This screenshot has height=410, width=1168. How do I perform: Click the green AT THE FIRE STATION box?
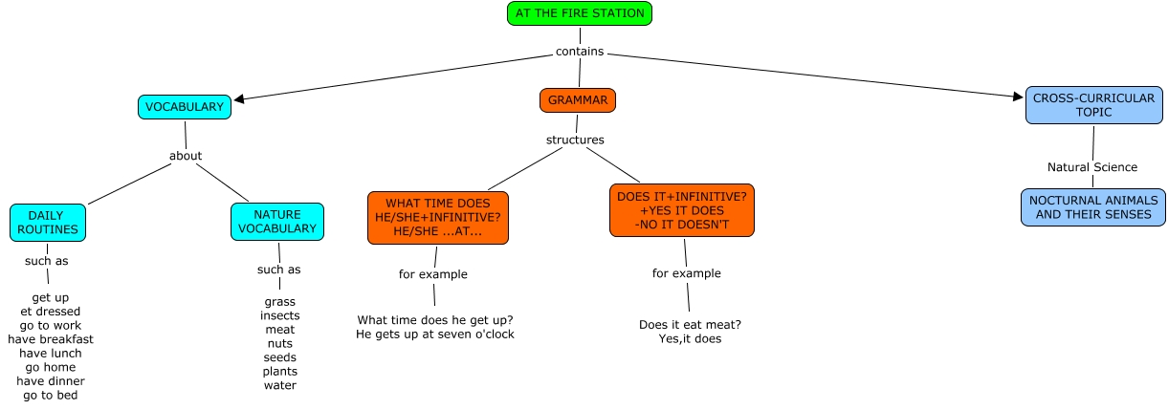pyautogui.click(x=580, y=13)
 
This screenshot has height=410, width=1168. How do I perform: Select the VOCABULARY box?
pyautogui.click(x=185, y=107)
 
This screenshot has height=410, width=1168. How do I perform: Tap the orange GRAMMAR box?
pyautogui.click(x=578, y=100)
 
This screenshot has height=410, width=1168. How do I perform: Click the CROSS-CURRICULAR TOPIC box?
pyautogui.click(x=1093, y=105)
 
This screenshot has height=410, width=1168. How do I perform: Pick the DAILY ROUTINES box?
pyautogui.click(x=46, y=223)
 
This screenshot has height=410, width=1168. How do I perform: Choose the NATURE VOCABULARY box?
pyautogui.click(x=277, y=222)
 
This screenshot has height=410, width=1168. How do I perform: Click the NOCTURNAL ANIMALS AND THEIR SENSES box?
pyautogui.click(x=1093, y=207)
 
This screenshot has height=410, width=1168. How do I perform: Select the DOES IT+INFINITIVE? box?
pyautogui.click(x=681, y=210)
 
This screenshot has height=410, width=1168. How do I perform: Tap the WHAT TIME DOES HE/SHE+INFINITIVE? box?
pyautogui.click(x=438, y=218)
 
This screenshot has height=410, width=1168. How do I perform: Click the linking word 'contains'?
pyautogui.click(x=580, y=52)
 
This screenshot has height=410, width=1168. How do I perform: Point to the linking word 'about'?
pyautogui.click(x=186, y=156)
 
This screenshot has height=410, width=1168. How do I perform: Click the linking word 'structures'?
pyautogui.click(x=575, y=140)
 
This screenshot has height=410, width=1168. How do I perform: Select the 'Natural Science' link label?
pyautogui.click(x=1092, y=167)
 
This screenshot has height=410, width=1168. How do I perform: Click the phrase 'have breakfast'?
pyautogui.click(x=51, y=339)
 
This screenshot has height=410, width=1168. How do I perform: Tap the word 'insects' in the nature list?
pyautogui.click(x=280, y=315)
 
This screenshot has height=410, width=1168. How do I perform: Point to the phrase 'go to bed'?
pyautogui.click(x=51, y=395)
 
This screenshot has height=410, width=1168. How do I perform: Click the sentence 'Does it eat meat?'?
pyautogui.click(x=690, y=324)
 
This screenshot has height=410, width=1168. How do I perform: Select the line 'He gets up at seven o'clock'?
pyautogui.click(x=434, y=334)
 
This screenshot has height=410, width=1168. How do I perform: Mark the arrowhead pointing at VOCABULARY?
pyautogui.click(x=239, y=97)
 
